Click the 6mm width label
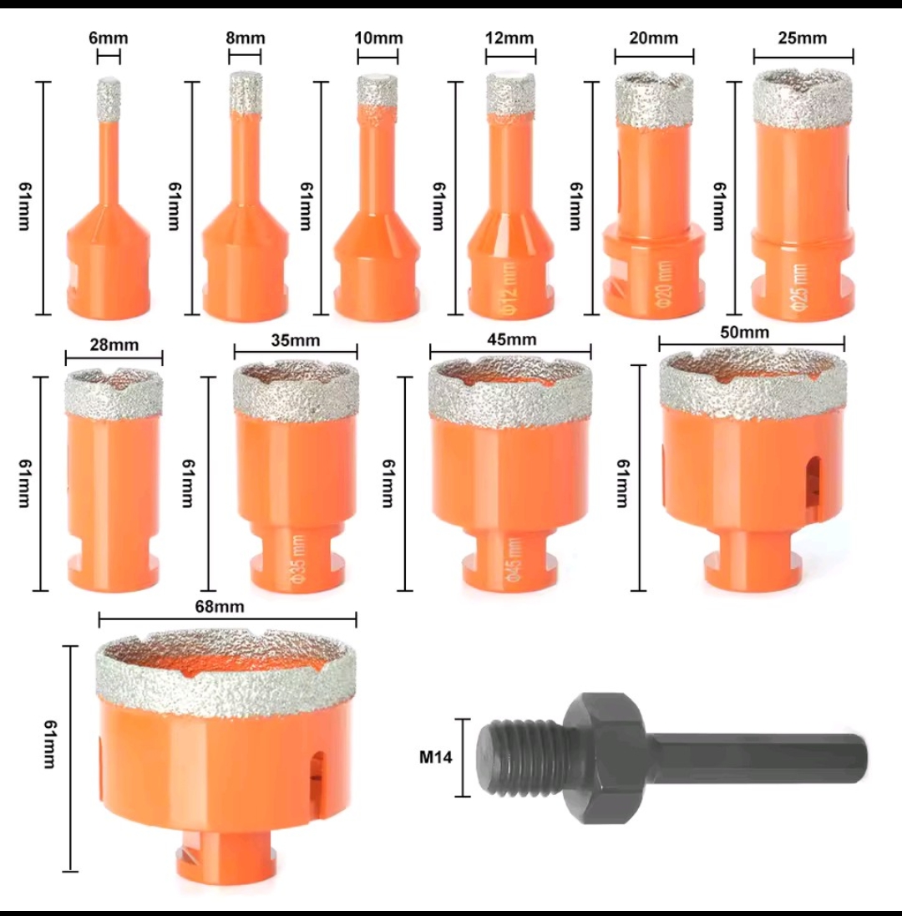[x=108, y=38]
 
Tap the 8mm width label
[x=246, y=38]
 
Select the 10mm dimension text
[x=378, y=38]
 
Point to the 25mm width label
[x=802, y=38]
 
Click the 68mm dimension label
[x=220, y=607]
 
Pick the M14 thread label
[x=435, y=757]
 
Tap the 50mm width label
[x=744, y=332]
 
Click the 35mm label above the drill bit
[x=296, y=340]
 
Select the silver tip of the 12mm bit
[x=510, y=94]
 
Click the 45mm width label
[x=511, y=339]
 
